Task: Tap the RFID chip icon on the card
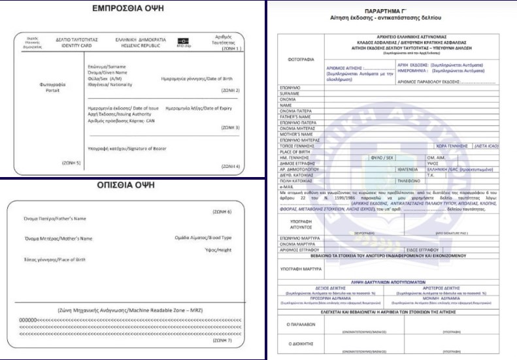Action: (x=183, y=41)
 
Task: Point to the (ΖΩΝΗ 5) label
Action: (x=71, y=161)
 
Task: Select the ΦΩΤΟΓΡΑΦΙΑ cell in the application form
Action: (x=301, y=59)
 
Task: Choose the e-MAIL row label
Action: (x=288, y=186)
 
